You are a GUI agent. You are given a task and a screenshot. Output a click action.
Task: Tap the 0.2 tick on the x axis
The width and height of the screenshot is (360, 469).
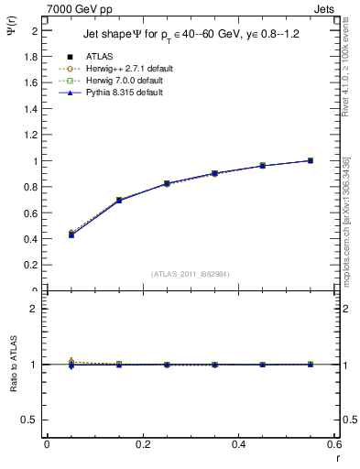pyautogui.click(x=142, y=444)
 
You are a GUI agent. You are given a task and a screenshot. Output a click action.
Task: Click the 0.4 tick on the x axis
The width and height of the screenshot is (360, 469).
pyautogui.click(x=238, y=444)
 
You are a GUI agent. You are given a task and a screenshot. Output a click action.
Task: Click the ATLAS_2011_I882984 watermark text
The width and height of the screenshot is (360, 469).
pyautogui.click(x=191, y=273)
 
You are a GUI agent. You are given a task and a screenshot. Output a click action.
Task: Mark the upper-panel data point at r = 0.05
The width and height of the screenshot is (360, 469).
pyautogui.click(x=71, y=234)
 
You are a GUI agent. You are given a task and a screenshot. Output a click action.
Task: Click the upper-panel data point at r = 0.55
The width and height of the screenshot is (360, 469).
pyautogui.click(x=311, y=160)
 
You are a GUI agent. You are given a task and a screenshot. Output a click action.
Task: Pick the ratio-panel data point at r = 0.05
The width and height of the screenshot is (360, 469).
pyautogui.click(x=71, y=364)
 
